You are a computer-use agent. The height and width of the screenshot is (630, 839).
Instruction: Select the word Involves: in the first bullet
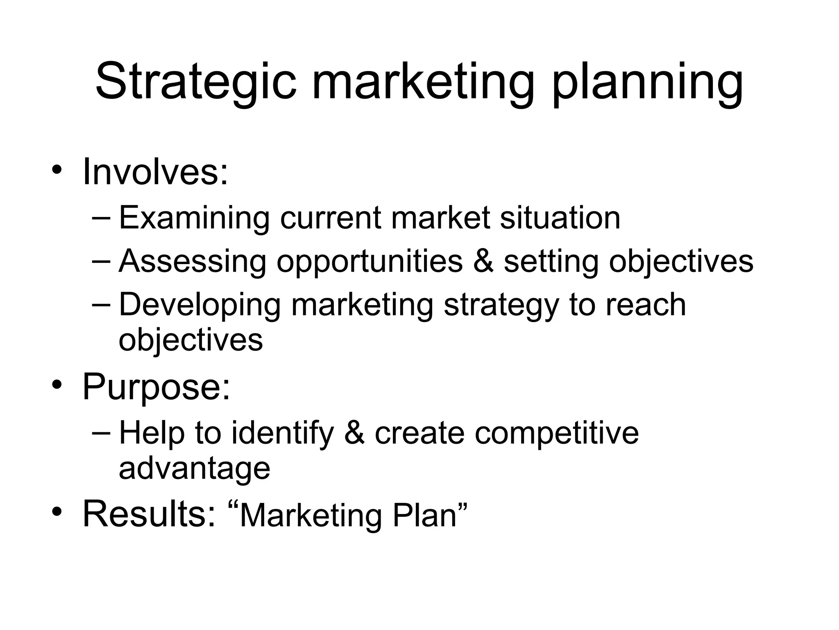pos(155,172)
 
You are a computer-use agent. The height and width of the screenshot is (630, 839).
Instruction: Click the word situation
pos(560,218)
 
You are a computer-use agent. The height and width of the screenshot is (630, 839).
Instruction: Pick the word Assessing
pos(193,261)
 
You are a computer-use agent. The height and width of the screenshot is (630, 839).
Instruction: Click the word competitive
pos(557,434)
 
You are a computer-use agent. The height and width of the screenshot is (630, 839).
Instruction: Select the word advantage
pos(194,469)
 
